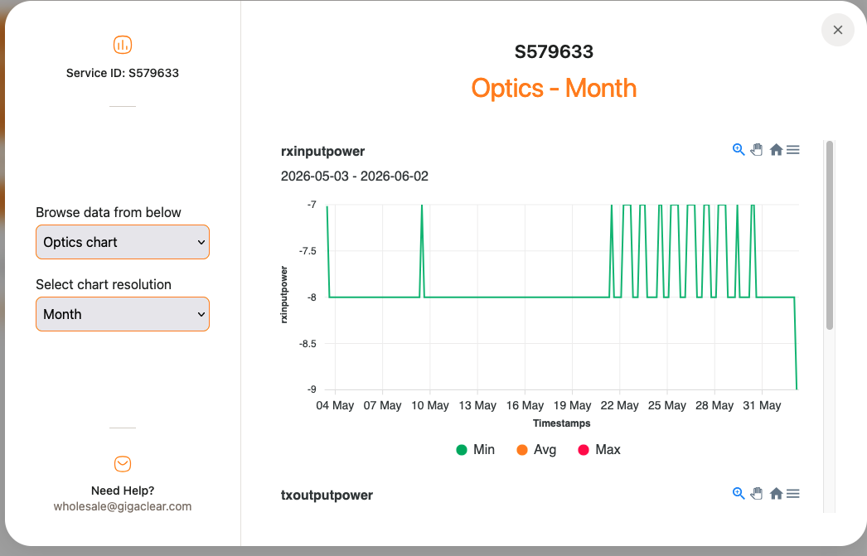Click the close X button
coord(838,30)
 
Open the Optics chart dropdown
coord(123,242)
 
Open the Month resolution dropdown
coord(123,314)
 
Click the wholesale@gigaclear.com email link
coord(122,506)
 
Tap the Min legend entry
coord(476,449)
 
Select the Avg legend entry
coord(536,449)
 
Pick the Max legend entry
coord(599,449)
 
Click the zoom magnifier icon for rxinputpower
coord(739,150)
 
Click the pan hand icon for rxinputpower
coord(757,150)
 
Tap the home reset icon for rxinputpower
coord(776,150)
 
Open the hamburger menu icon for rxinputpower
coord(793,150)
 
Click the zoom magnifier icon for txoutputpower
coord(739,494)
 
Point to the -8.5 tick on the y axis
coord(308,344)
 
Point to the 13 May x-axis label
coord(477,406)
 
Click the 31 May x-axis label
coord(762,406)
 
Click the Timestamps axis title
coord(561,423)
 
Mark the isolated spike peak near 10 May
coord(422,205)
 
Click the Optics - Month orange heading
coord(554,89)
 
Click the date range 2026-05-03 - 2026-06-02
coord(355,176)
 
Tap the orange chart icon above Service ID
coord(123,45)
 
